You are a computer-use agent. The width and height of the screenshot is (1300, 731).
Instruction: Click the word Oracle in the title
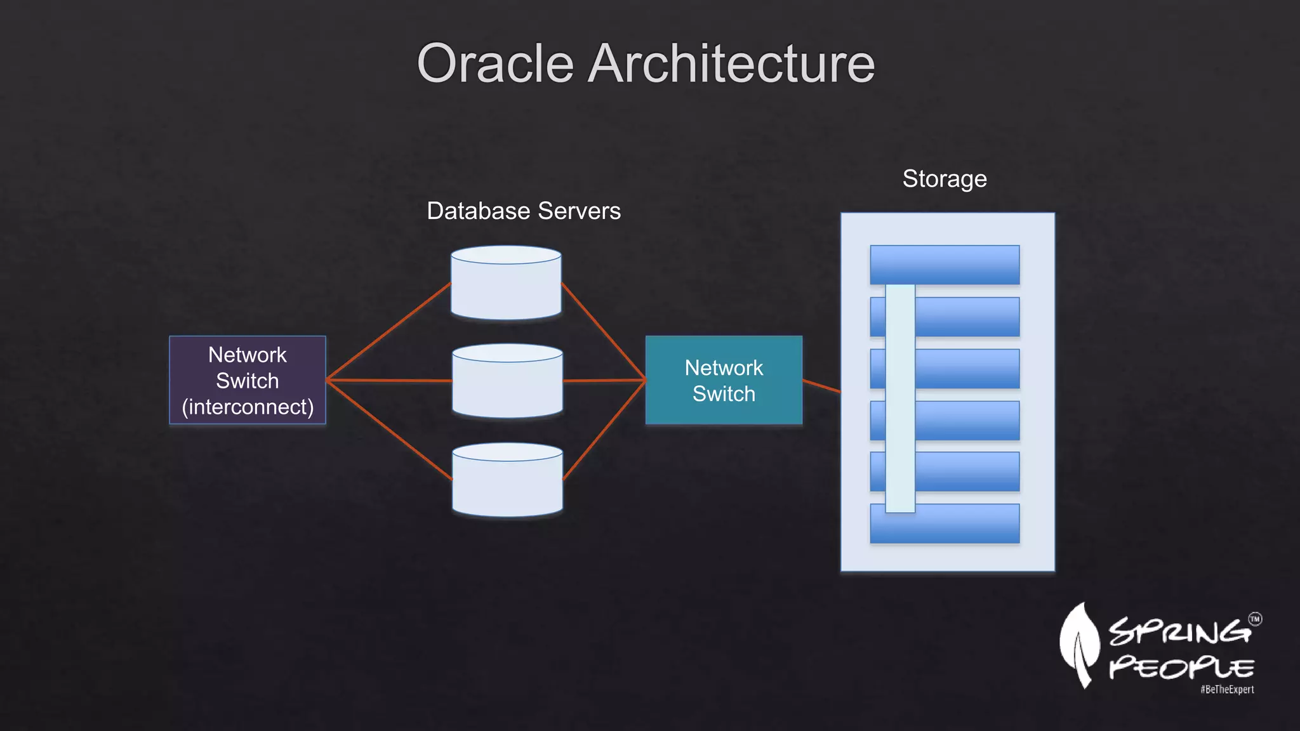tap(495, 63)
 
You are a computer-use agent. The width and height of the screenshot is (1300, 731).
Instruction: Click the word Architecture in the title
tap(731, 63)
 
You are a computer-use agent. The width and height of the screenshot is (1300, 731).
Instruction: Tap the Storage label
tap(944, 179)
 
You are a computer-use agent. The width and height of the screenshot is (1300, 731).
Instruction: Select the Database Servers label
tap(524, 211)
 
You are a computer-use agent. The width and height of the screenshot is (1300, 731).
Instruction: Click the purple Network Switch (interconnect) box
tap(248, 379)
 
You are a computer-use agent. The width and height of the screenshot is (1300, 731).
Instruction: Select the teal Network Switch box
tap(724, 379)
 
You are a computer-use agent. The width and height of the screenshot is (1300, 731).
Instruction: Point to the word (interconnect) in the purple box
tap(248, 407)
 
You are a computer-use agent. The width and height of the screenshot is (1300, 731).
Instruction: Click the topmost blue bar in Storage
tap(945, 265)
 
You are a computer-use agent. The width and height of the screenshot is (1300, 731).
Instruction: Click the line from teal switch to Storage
tap(821, 386)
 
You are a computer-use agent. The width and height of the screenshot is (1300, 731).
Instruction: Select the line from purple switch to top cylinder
tap(388, 331)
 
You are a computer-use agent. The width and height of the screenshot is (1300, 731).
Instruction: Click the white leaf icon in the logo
tap(1079, 644)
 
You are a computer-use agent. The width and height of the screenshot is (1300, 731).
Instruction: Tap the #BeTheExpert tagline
tap(1227, 690)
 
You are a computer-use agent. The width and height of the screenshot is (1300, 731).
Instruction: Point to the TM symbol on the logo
tap(1255, 619)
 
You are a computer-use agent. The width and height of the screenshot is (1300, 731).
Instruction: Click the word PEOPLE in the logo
tap(1181, 668)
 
